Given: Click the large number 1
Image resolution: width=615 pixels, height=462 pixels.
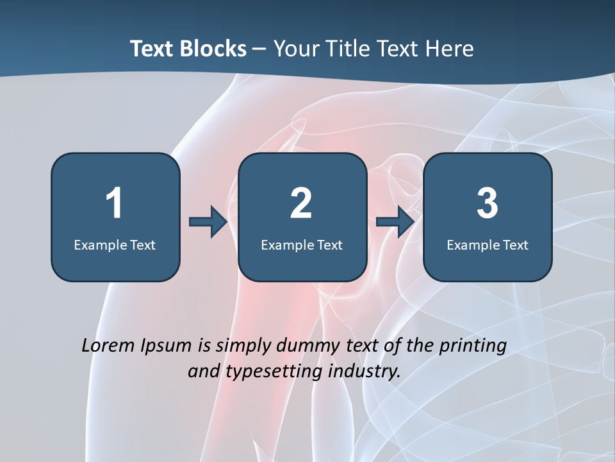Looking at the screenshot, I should coord(114,203).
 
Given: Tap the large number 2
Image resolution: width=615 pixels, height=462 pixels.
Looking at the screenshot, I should coord(301,203).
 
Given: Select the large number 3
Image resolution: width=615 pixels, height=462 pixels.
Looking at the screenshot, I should coord(488,203).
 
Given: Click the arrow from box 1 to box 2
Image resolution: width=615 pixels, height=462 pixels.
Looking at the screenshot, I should coord(208,222).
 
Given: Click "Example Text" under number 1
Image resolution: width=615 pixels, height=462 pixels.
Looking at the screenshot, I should coord(115,245).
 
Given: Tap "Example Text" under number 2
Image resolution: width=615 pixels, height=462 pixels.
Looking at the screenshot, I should coord(302,245).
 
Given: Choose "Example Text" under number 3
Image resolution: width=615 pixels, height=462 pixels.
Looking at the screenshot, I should coord(488,245).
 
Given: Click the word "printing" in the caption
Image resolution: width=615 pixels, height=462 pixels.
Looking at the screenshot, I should coord(473,346).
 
